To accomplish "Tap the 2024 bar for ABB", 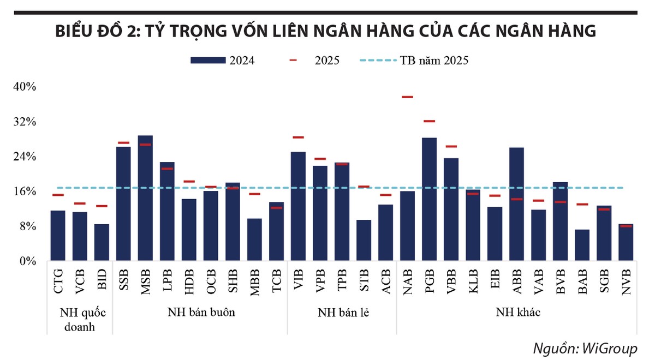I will click(516, 204).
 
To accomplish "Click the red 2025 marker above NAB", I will click(407, 97).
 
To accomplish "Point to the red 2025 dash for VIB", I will click(298, 137).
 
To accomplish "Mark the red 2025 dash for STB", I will click(364, 187).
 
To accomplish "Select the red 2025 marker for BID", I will click(102, 206).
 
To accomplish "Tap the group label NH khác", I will click(518, 313).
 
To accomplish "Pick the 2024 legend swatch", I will click(208, 61).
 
